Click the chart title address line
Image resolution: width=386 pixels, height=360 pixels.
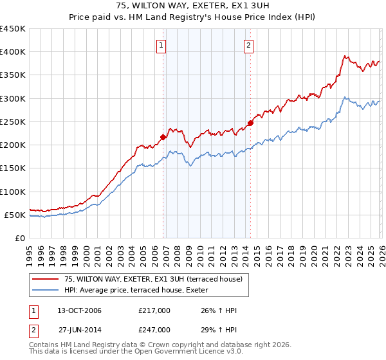[193, 5]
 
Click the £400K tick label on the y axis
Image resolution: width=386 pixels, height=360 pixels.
[13, 52]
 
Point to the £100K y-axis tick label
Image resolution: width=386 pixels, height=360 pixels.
[13, 192]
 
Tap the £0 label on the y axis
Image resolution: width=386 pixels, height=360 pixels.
[20, 238]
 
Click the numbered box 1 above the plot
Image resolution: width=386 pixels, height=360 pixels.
[160, 45]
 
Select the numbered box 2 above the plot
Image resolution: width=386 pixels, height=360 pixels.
[248, 45]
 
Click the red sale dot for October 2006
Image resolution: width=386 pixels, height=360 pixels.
[163, 137]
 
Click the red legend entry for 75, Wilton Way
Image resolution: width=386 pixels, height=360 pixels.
[153, 279]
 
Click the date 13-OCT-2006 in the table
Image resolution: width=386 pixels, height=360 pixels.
[80, 310]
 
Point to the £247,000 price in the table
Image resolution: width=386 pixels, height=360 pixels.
[154, 329]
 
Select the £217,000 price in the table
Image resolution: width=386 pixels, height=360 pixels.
[154, 310]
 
